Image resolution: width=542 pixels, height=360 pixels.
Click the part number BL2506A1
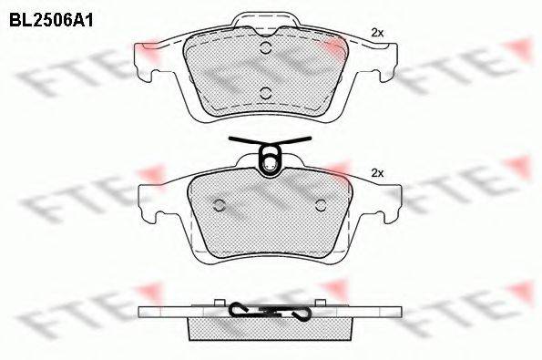click(x=51, y=21)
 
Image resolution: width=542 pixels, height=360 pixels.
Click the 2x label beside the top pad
click(x=377, y=33)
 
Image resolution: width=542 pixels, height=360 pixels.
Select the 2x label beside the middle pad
click(x=377, y=173)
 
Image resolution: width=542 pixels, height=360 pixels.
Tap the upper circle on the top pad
click(x=265, y=47)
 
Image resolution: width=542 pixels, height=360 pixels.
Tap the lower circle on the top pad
click(x=265, y=93)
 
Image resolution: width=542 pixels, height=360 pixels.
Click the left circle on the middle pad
click(x=220, y=205)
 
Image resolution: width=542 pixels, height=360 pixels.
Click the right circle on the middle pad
click(x=322, y=205)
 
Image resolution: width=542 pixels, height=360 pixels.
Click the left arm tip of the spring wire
click(x=230, y=139)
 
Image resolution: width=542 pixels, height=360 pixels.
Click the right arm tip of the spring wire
click(x=310, y=139)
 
